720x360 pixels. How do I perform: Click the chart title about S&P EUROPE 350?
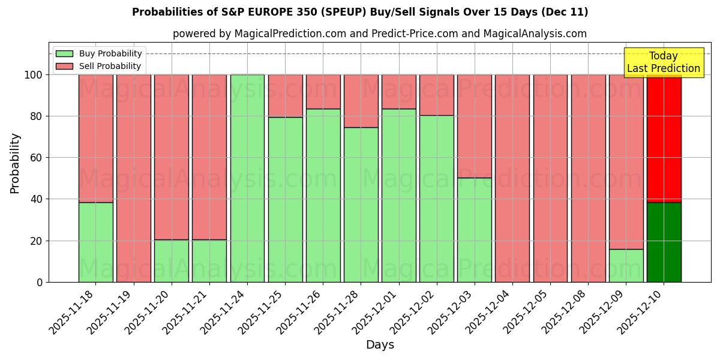point(360,12)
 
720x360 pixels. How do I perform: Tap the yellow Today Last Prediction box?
point(664,62)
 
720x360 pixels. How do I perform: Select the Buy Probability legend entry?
point(99,53)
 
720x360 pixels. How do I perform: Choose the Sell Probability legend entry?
point(99,66)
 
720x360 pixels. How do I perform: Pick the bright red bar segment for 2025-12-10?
point(664,138)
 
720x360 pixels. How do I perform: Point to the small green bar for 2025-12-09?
point(626,265)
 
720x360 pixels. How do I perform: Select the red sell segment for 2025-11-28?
point(361,101)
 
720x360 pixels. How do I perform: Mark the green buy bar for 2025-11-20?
point(172,261)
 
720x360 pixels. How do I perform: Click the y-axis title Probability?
point(15,163)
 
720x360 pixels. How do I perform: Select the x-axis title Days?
point(380,345)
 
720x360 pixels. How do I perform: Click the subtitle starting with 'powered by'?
point(380,34)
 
